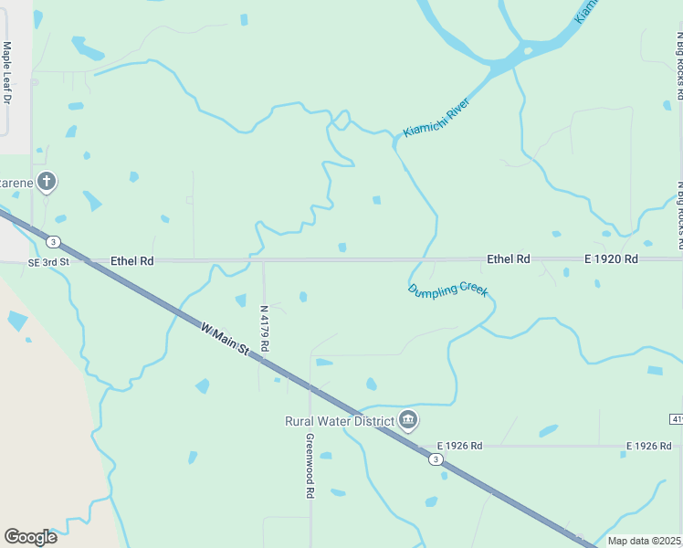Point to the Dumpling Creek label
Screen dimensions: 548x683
click(447, 290)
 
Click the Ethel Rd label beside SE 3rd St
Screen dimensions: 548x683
click(131, 261)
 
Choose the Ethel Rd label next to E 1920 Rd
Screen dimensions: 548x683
click(509, 259)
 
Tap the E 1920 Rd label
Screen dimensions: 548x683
click(612, 259)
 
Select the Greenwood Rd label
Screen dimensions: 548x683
click(310, 465)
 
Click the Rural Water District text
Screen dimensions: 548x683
click(339, 421)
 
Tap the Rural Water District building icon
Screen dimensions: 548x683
click(408, 420)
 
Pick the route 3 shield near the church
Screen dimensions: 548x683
click(54, 242)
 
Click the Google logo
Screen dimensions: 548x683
click(30, 537)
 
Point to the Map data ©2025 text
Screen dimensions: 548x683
click(645, 541)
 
